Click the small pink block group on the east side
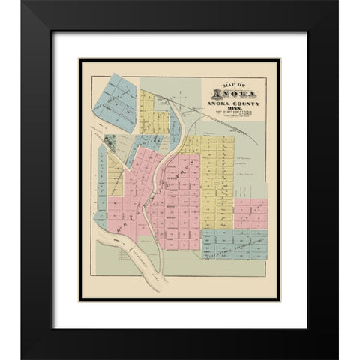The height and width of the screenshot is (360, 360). coord(250,213)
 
